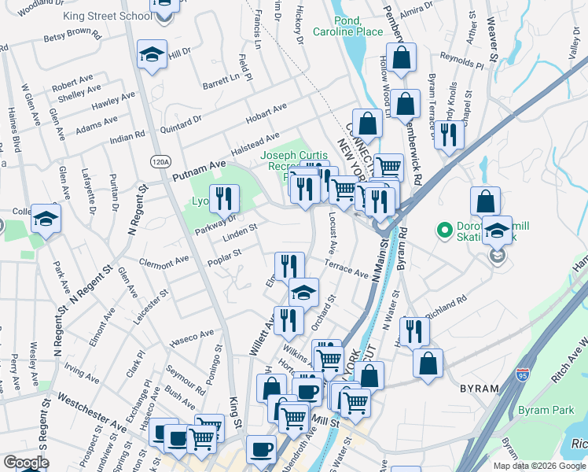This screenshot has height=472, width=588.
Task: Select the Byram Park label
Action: tap(546, 410)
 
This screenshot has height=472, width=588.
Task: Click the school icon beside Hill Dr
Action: tap(152, 54)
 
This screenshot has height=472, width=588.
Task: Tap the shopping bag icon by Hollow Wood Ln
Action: tap(401, 57)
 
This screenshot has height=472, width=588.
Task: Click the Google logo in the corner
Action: tap(26, 463)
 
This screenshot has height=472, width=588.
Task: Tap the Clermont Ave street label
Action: tap(164, 260)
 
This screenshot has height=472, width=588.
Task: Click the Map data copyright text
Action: tap(539, 466)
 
